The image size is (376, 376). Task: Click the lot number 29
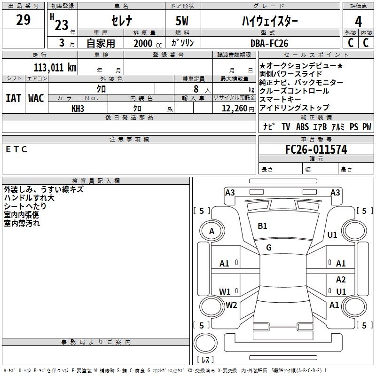click(x=23, y=20)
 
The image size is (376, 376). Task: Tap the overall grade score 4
click(x=359, y=22)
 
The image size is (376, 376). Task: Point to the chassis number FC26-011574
click(x=316, y=149)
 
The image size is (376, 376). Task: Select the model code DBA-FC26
click(x=269, y=43)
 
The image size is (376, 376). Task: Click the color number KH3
click(x=78, y=108)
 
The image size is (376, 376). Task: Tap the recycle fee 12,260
click(x=234, y=108)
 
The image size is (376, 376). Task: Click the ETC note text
click(x=17, y=149)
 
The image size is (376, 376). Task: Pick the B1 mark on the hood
click(x=262, y=226)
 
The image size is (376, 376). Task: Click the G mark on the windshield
click(x=269, y=247)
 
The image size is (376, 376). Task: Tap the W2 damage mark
click(x=231, y=305)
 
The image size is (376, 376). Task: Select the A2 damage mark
click(x=341, y=280)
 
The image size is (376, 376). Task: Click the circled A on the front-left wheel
click(x=211, y=231)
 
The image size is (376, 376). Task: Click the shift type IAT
click(x=13, y=98)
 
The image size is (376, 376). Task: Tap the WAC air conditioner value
click(x=36, y=98)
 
